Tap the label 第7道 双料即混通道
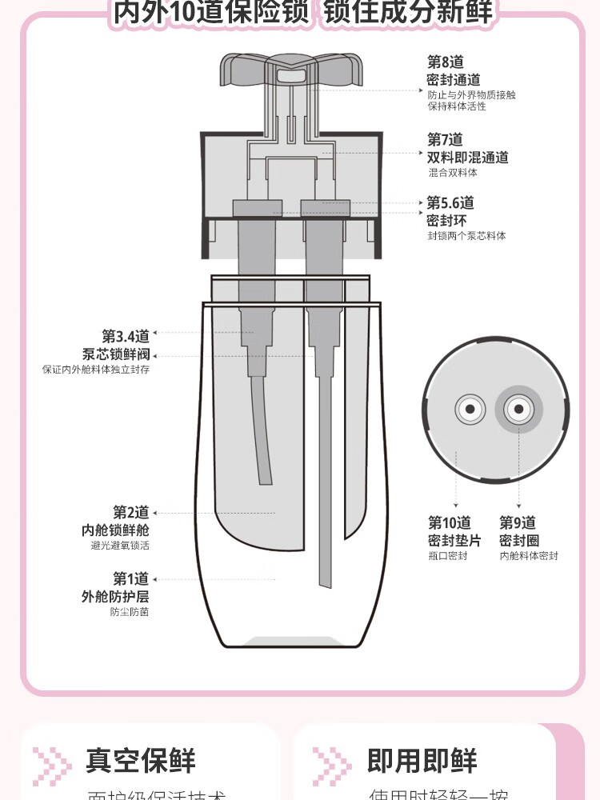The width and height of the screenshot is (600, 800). point(467,149)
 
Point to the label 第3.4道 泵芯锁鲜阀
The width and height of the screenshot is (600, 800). point(116,346)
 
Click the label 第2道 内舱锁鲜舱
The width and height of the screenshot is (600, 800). point(115,522)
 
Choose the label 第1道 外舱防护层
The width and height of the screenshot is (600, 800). point(115,587)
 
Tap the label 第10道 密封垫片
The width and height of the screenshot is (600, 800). point(450,532)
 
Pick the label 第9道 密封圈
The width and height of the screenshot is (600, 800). point(519,532)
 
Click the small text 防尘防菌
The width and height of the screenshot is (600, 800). point(130,612)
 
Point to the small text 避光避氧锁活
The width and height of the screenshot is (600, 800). point(120,546)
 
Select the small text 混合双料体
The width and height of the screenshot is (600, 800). point(452,173)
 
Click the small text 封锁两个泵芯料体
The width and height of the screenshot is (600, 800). point(466,236)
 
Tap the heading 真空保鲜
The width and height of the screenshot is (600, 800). point(140,761)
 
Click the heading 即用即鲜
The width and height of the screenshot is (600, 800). point(422,761)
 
